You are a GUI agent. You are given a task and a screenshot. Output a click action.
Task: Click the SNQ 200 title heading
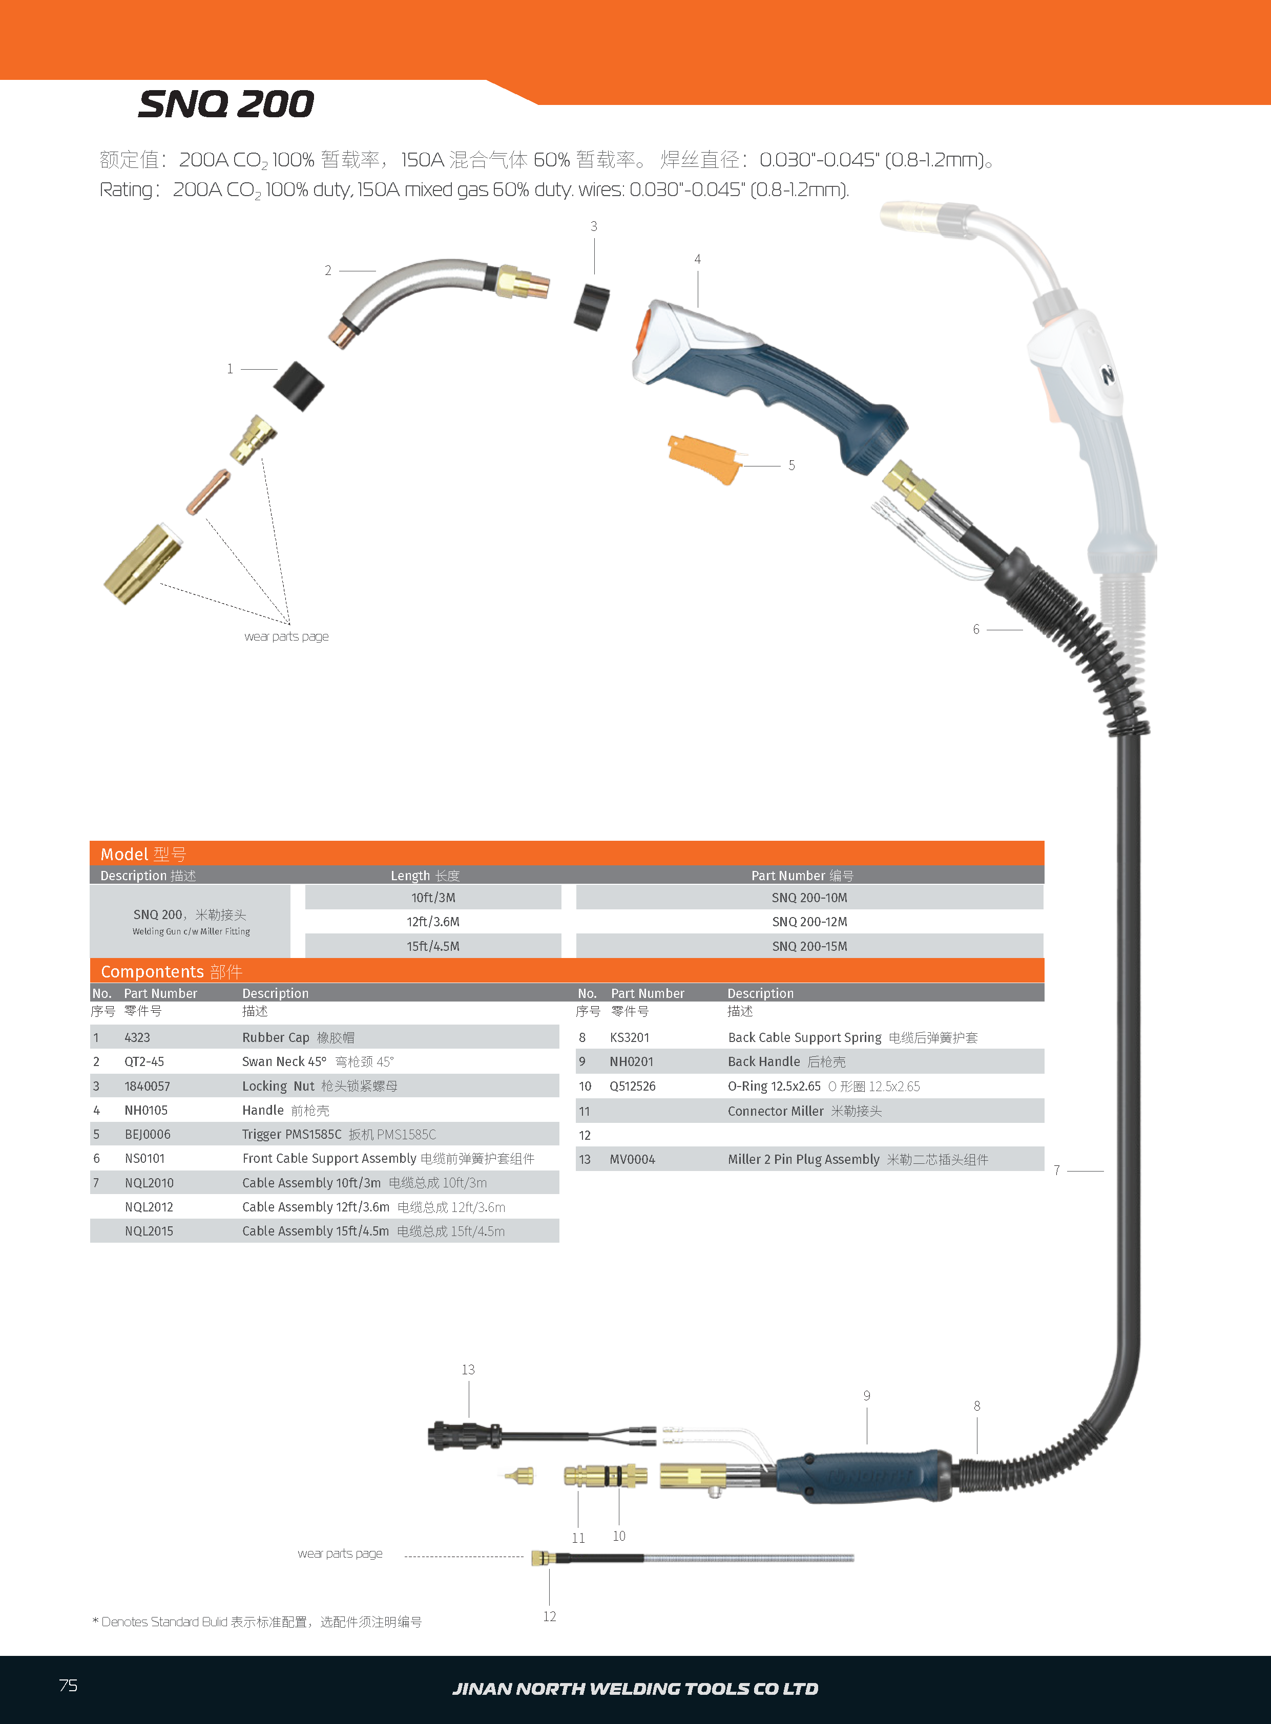pyautogui.click(x=226, y=104)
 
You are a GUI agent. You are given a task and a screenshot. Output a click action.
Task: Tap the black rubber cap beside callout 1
pyautogui.click(x=299, y=386)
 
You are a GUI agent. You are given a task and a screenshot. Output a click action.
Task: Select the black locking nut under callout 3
pyautogui.click(x=592, y=306)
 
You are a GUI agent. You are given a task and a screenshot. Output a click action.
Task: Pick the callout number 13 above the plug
pyautogui.click(x=468, y=1370)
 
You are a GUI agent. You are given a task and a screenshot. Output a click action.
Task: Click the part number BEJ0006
pyautogui.click(x=148, y=1134)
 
